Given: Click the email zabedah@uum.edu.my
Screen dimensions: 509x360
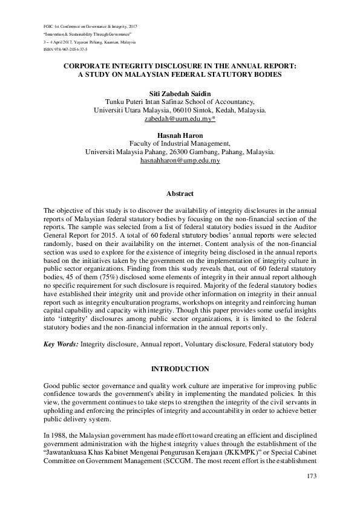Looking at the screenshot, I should pos(178,120).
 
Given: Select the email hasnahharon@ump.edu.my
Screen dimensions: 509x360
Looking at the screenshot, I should pos(180,161).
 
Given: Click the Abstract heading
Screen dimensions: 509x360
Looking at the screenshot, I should pos(180,193).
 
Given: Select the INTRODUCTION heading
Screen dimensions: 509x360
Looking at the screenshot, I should pos(180,368).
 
